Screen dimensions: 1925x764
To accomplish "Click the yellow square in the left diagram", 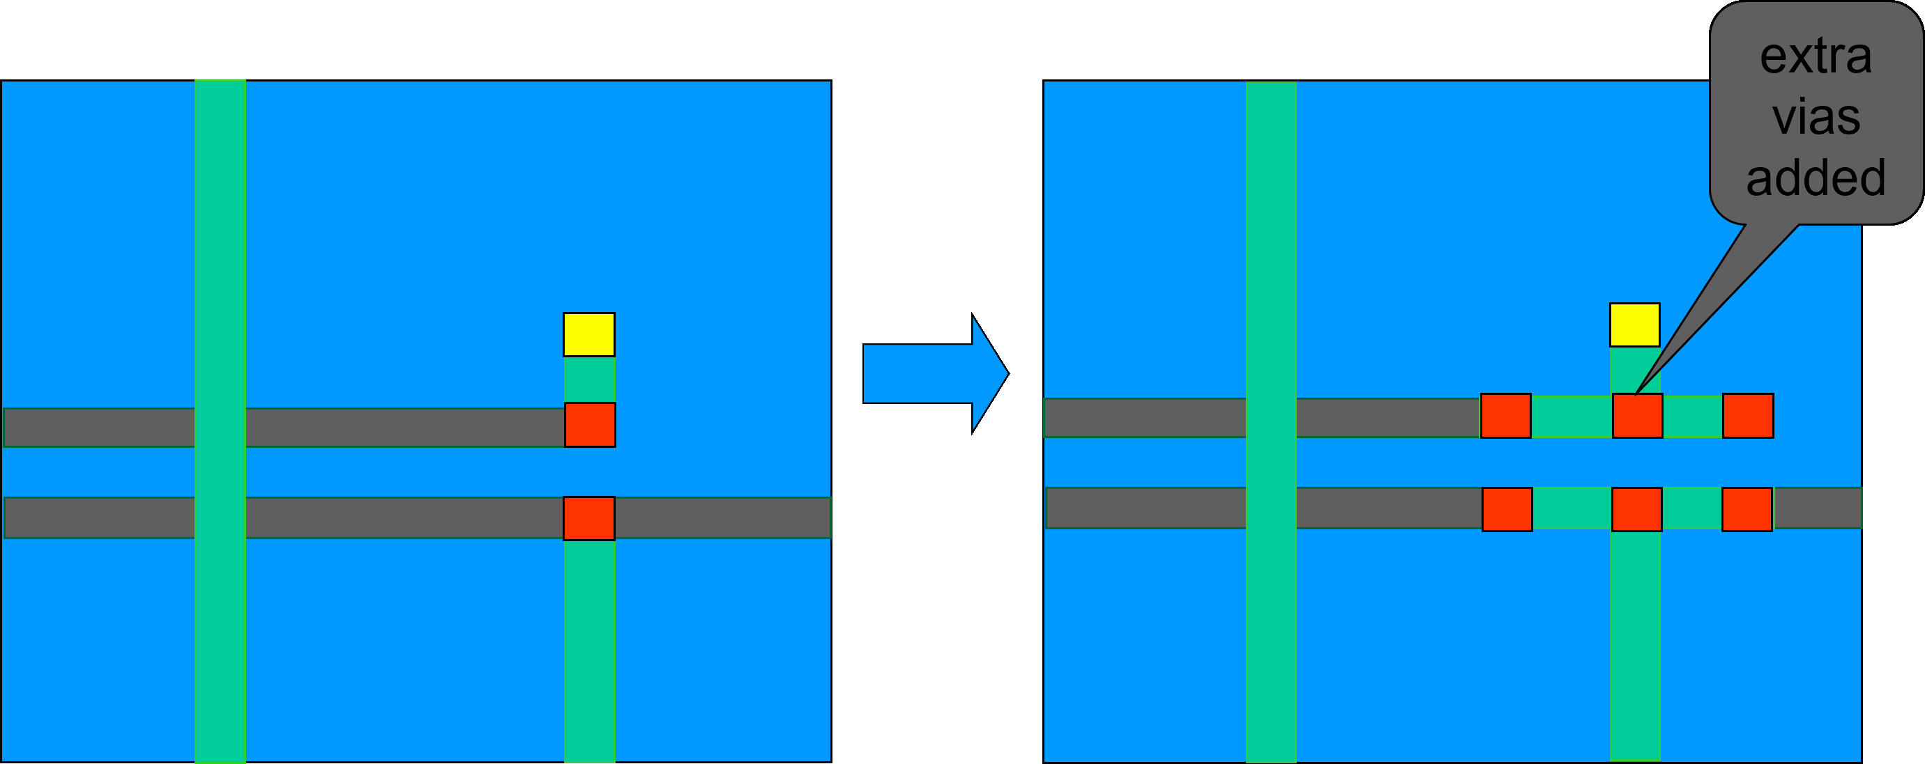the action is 589,334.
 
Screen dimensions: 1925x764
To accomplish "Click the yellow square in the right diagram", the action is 1635,325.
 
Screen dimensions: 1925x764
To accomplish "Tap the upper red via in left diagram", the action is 591,425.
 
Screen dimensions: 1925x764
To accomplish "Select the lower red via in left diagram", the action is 589,518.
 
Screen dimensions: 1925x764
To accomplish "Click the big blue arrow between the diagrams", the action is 936,373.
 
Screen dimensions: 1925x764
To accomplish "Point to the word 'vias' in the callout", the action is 1816,117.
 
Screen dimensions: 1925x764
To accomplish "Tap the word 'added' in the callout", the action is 1816,178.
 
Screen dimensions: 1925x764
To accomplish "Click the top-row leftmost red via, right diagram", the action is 1506,416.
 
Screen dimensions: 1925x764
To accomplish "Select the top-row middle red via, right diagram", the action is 1637,416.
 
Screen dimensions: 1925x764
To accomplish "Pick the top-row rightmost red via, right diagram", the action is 1748,416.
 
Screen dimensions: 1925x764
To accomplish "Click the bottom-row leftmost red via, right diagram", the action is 1507,509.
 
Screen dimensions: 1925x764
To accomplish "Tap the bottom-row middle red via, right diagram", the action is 1636,509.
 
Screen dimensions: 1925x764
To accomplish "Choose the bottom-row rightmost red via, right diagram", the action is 1747,509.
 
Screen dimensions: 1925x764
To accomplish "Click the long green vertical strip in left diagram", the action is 220,422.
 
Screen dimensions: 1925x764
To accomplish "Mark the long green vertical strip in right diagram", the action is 1271,422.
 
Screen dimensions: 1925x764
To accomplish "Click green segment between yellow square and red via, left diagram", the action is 590,380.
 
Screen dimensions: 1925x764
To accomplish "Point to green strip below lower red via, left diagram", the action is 590,651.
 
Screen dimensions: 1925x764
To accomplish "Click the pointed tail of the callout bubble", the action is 1637,392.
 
